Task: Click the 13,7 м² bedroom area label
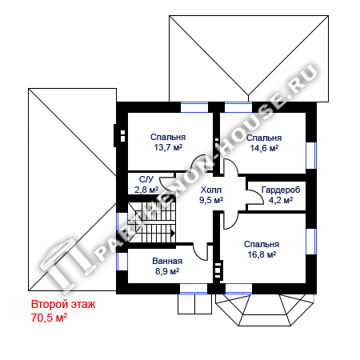(x=168, y=147)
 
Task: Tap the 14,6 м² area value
(x=264, y=148)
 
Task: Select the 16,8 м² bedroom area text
(x=262, y=254)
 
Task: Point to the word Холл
(x=211, y=190)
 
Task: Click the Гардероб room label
(x=281, y=190)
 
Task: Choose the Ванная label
(x=167, y=261)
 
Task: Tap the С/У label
(x=146, y=179)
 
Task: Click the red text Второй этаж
(x=63, y=304)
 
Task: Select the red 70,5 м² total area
(x=49, y=318)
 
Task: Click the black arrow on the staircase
(x=173, y=234)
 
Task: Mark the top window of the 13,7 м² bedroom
(x=194, y=107)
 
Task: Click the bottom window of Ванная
(x=194, y=289)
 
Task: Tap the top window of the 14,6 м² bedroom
(x=238, y=107)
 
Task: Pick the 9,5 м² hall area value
(x=211, y=200)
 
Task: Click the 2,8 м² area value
(x=146, y=190)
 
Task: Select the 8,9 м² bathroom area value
(x=167, y=271)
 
